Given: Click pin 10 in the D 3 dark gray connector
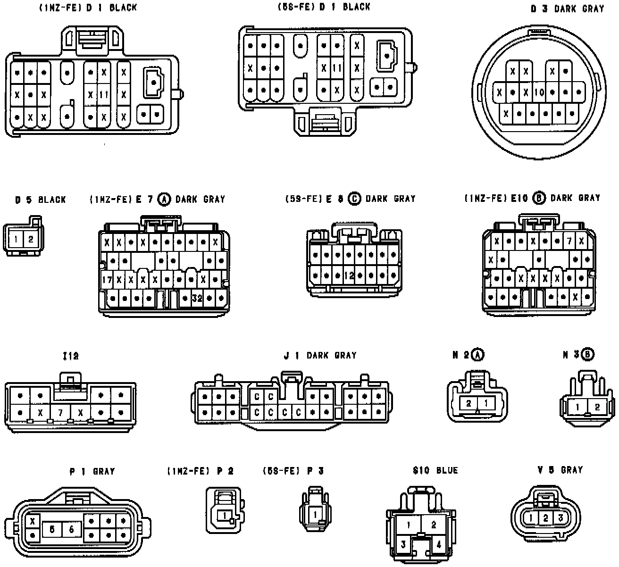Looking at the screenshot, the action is click(x=539, y=93).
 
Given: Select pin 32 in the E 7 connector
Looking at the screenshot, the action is click(x=197, y=298).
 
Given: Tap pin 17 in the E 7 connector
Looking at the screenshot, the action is click(x=107, y=280).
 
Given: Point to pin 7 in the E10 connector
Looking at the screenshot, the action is click(x=569, y=242).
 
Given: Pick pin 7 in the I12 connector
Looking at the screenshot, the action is click(x=60, y=413).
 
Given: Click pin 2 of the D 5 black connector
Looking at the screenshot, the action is click(x=31, y=239).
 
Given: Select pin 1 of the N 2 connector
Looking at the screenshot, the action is click(x=486, y=403).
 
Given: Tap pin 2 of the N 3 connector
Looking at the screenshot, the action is click(x=596, y=407).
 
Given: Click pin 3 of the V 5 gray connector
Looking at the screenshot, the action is click(x=560, y=518).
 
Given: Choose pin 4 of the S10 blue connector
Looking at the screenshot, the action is click(x=438, y=544).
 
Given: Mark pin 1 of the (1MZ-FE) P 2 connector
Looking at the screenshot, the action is click(x=225, y=515).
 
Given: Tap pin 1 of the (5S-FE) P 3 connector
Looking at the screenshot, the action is click(x=315, y=514).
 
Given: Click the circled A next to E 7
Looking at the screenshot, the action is click(x=164, y=199).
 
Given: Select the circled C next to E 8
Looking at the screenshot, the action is click(x=354, y=199).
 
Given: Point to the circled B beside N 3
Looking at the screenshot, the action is click(x=588, y=354).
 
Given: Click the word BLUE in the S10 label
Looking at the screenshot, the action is click(x=447, y=470).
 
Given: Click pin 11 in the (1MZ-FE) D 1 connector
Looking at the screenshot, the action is click(x=104, y=94).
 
